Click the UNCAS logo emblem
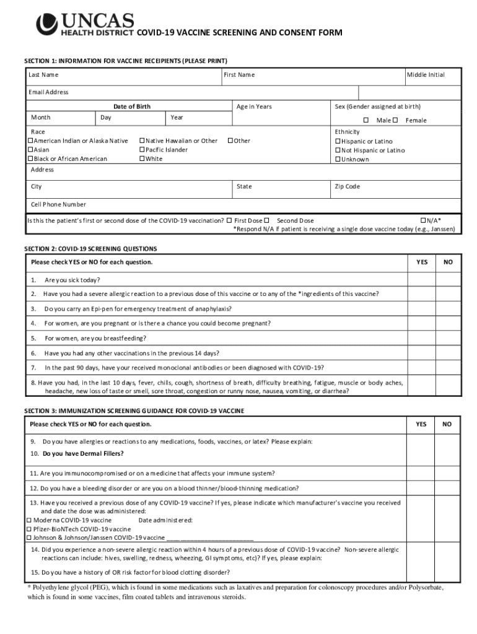(x=46, y=24)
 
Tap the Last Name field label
(x=43, y=75)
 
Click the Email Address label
(x=48, y=92)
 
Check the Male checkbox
(x=366, y=120)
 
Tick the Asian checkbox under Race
(x=30, y=150)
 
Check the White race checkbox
(x=142, y=159)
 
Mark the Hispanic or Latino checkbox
(x=338, y=141)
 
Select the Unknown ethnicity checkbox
(x=338, y=159)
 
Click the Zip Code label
(x=347, y=186)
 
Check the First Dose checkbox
(x=229, y=220)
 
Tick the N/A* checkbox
(x=423, y=220)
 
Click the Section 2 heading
(x=90, y=248)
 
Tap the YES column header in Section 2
(x=421, y=263)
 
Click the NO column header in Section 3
(x=447, y=424)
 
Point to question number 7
(x=33, y=367)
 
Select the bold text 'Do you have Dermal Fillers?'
(x=83, y=453)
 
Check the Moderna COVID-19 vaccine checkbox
(x=29, y=520)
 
